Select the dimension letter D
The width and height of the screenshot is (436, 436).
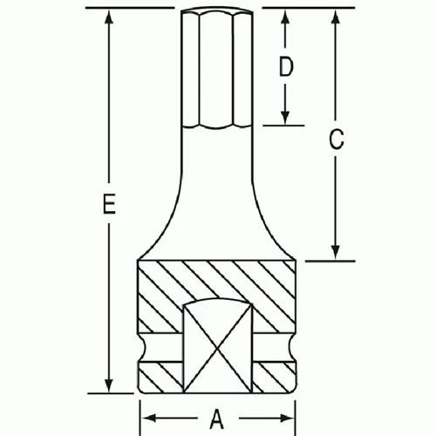tap(284, 67)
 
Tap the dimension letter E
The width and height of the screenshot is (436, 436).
tap(107, 205)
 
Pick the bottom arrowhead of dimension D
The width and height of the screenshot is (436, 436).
tap(284, 120)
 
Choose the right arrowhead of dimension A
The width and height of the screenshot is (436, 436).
tap(291, 416)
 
